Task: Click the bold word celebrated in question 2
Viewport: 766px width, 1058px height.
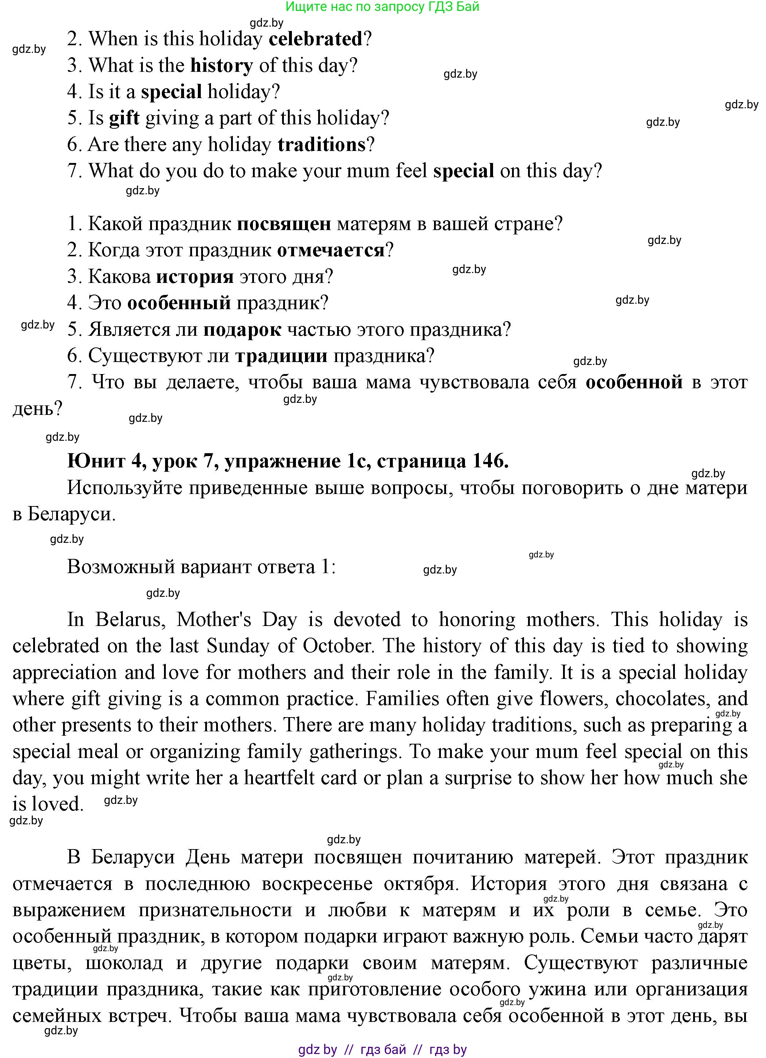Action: click(x=316, y=39)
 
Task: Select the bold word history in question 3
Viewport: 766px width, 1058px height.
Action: click(x=222, y=65)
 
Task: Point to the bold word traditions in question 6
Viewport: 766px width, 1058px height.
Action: click(x=322, y=145)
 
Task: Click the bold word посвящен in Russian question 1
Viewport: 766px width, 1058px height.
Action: click(x=284, y=224)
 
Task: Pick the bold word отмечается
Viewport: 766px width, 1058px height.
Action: click(x=331, y=250)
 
